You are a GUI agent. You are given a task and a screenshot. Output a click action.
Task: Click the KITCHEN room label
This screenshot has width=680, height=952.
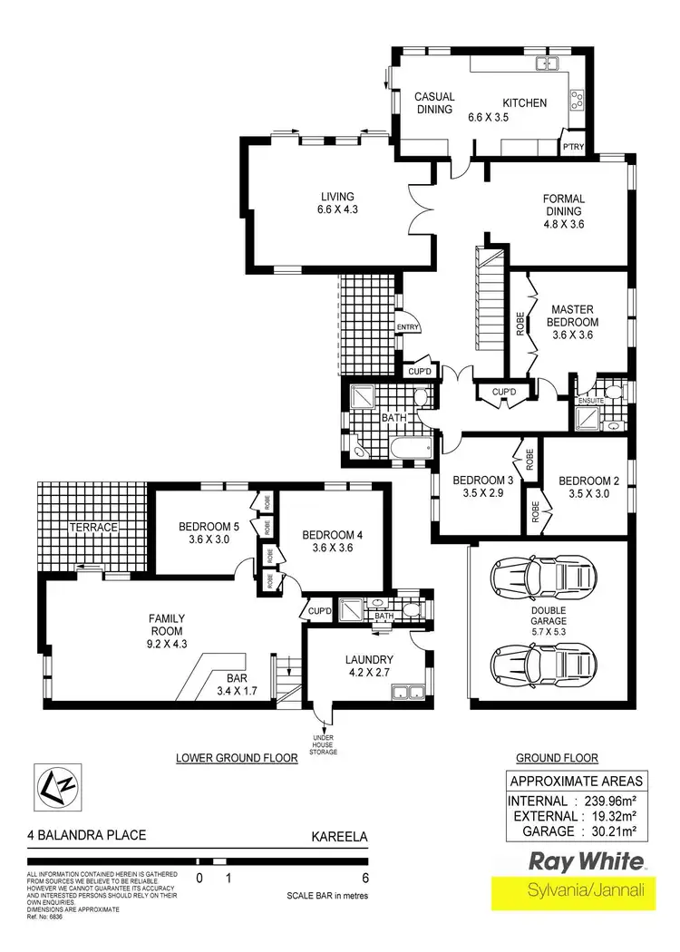(x=525, y=102)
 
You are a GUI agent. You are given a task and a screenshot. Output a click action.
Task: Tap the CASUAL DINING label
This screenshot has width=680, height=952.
(x=434, y=102)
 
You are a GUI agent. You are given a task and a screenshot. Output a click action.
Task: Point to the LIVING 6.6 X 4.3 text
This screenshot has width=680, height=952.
(x=336, y=204)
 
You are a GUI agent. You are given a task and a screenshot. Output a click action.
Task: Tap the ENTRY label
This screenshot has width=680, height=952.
(x=407, y=328)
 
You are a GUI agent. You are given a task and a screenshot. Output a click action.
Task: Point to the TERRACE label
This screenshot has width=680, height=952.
(x=96, y=528)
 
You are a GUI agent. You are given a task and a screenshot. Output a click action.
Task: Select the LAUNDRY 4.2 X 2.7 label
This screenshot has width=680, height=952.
(x=369, y=665)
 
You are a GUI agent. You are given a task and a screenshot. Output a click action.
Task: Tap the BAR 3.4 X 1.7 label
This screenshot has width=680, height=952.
(x=233, y=685)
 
